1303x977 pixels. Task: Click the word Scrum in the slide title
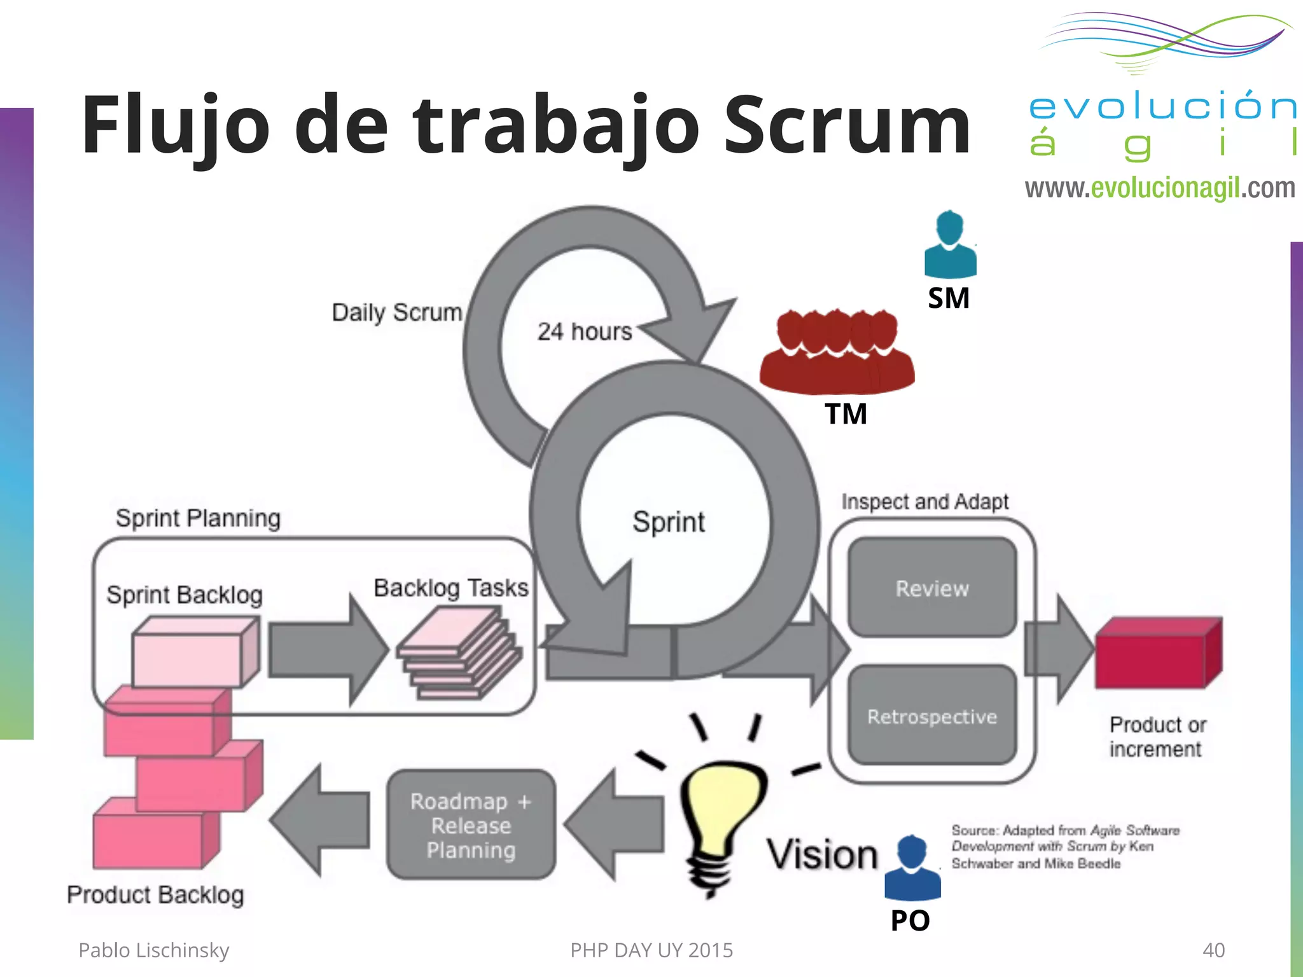[846, 125]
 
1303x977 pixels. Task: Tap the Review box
[932, 588]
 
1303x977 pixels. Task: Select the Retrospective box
[932, 716]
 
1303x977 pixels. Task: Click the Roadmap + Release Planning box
[471, 825]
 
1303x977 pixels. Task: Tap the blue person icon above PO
[912, 868]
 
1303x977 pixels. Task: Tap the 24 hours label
[585, 331]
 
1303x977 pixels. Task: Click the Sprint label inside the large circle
[668, 522]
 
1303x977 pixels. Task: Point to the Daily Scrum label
[396, 312]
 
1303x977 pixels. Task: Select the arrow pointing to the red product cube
[1059, 649]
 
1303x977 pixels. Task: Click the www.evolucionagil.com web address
[1159, 188]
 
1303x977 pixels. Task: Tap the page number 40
[1213, 950]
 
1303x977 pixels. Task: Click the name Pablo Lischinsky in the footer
[153, 950]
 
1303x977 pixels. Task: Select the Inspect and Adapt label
[924, 502]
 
